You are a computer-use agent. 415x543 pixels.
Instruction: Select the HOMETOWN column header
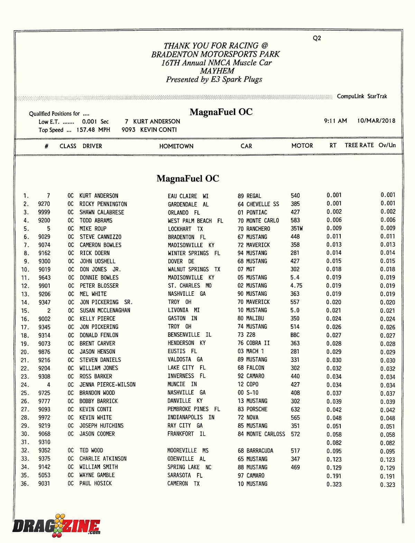coord(176,146)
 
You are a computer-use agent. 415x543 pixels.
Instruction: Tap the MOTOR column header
coord(302,146)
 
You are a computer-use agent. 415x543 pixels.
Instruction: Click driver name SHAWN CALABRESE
coord(102,212)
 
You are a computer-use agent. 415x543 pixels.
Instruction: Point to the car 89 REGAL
coord(249,196)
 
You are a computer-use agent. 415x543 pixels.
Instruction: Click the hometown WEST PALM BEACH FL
coord(195,221)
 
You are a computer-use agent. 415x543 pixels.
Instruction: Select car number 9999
coord(44,212)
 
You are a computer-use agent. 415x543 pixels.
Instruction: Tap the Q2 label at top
coord(317,38)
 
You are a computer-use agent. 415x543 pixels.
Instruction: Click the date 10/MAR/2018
coord(376,121)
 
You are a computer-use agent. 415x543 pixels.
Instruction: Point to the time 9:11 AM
coord(335,121)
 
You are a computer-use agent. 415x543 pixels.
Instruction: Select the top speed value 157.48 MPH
coord(93,130)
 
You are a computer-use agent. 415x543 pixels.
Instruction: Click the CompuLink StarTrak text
coord(362,96)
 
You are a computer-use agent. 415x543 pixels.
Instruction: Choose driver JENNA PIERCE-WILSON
coord(108,385)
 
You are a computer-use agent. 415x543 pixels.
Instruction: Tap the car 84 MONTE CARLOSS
coord(261,434)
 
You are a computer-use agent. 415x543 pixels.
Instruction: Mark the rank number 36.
coord(25,484)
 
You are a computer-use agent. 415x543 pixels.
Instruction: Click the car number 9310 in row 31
coord(44,442)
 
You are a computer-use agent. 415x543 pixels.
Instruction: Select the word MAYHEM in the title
coord(217,71)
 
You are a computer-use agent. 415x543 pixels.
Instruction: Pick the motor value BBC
coord(295,335)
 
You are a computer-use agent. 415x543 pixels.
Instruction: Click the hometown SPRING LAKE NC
coord(189,467)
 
